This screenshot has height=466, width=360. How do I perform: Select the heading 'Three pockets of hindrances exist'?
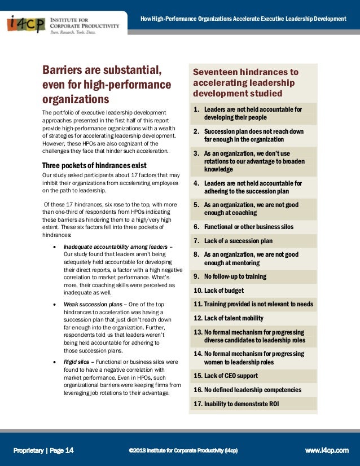click(x=94, y=165)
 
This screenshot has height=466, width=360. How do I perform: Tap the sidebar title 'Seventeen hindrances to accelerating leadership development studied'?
click(x=245, y=82)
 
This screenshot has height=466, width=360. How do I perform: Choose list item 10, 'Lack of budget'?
click(x=218, y=291)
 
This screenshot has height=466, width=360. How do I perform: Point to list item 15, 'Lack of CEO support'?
click(x=226, y=376)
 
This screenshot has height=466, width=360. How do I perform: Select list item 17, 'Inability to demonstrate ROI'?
click(x=236, y=404)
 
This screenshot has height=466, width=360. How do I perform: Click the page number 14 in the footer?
click(x=69, y=450)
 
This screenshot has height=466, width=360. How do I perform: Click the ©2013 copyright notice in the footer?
click(x=183, y=450)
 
